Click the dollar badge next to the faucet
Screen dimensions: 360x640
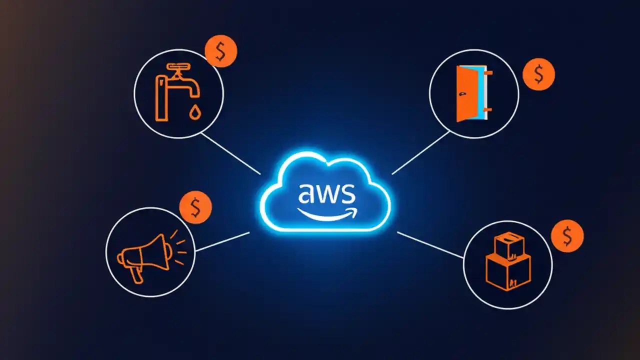(220, 51)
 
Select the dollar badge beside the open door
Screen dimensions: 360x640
(538, 74)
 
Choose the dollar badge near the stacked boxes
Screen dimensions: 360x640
(567, 236)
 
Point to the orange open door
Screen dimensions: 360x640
(465, 93)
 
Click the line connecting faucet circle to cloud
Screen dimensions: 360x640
(230, 153)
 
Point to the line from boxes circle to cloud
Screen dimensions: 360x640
(430, 245)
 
